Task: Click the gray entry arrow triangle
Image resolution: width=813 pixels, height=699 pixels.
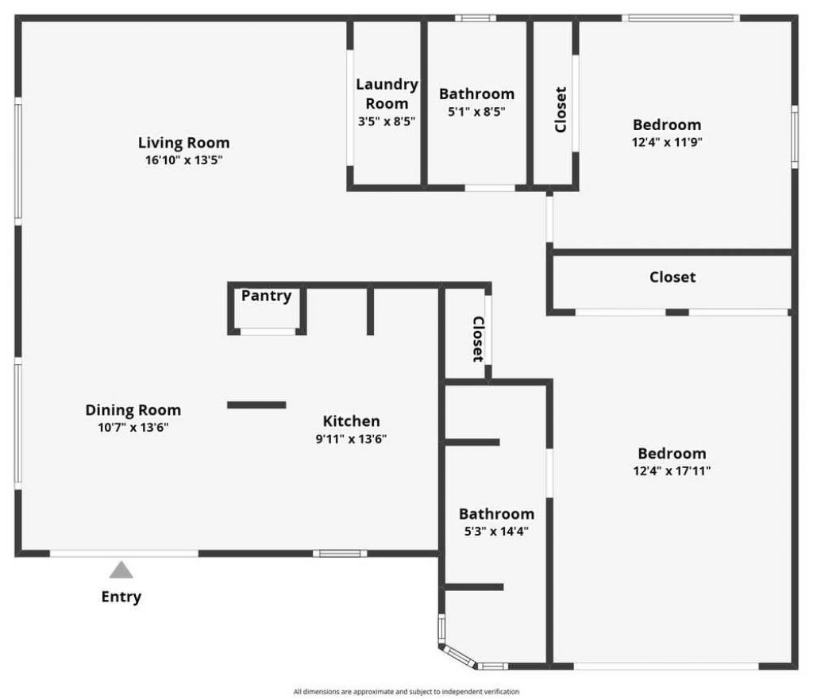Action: (121, 570)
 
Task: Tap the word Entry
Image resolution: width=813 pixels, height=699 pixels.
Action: (121, 597)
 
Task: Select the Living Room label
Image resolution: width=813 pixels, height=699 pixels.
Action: (183, 143)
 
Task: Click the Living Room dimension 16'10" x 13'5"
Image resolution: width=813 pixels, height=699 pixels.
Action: (183, 159)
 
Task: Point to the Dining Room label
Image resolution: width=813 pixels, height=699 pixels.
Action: (133, 410)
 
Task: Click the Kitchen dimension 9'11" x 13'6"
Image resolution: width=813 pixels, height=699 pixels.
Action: (351, 438)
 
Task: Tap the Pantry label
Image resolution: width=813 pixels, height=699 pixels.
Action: (266, 296)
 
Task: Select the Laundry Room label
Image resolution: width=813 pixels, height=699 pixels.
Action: (387, 94)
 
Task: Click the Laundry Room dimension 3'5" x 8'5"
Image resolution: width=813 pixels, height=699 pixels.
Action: (387, 121)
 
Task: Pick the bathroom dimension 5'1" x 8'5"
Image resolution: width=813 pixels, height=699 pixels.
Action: (476, 111)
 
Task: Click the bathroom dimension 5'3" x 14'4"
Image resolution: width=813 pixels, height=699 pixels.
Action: (496, 531)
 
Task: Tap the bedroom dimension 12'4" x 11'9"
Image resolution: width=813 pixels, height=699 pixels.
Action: (667, 142)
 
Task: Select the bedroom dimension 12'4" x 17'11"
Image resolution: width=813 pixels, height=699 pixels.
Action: (672, 470)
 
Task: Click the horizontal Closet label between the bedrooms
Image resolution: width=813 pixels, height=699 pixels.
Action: (672, 277)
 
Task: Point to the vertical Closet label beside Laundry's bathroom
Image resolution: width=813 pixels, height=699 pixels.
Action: (561, 109)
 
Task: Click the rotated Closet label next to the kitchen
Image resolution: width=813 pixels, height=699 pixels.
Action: (479, 339)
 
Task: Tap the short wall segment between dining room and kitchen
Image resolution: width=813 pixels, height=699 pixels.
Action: (256, 405)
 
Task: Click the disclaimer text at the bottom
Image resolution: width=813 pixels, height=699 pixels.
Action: (406, 692)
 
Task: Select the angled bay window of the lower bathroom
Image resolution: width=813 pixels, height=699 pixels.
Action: (458, 655)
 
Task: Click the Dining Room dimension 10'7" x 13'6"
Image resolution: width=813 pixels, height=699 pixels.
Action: (133, 427)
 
